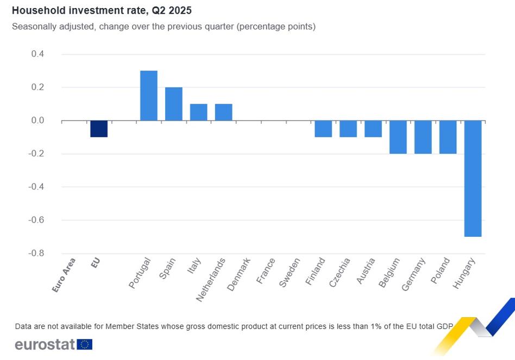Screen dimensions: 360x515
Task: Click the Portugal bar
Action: (x=149, y=96)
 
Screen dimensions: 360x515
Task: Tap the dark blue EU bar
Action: (x=99, y=129)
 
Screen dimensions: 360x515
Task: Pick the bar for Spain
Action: (x=174, y=104)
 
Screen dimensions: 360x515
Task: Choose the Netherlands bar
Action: (x=224, y=112)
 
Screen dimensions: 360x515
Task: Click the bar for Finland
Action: (x=323, y=129)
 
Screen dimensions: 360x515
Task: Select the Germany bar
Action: (x=423, y=137)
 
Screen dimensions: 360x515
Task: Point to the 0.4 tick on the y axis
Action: (x=37, y=54)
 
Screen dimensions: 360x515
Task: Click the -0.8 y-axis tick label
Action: (x=36, y=254)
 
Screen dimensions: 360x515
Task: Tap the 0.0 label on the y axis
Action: (x=37, y=121)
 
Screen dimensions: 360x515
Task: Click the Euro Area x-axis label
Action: (x=65, y=275)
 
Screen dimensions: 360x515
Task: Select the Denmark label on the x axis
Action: (x=239, y=274)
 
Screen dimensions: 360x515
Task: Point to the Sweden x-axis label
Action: (x=290, y=273)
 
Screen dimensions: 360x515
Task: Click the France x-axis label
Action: (x=266, y=271)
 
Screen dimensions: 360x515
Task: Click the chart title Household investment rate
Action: (x=102, y=10)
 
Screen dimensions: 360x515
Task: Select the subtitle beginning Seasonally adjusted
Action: (x=164, y=26)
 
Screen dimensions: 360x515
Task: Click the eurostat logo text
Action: (x=45, y=344)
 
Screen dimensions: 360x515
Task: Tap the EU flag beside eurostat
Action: (x=85, y=344)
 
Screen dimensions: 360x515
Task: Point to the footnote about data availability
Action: (x=234, y=326)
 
